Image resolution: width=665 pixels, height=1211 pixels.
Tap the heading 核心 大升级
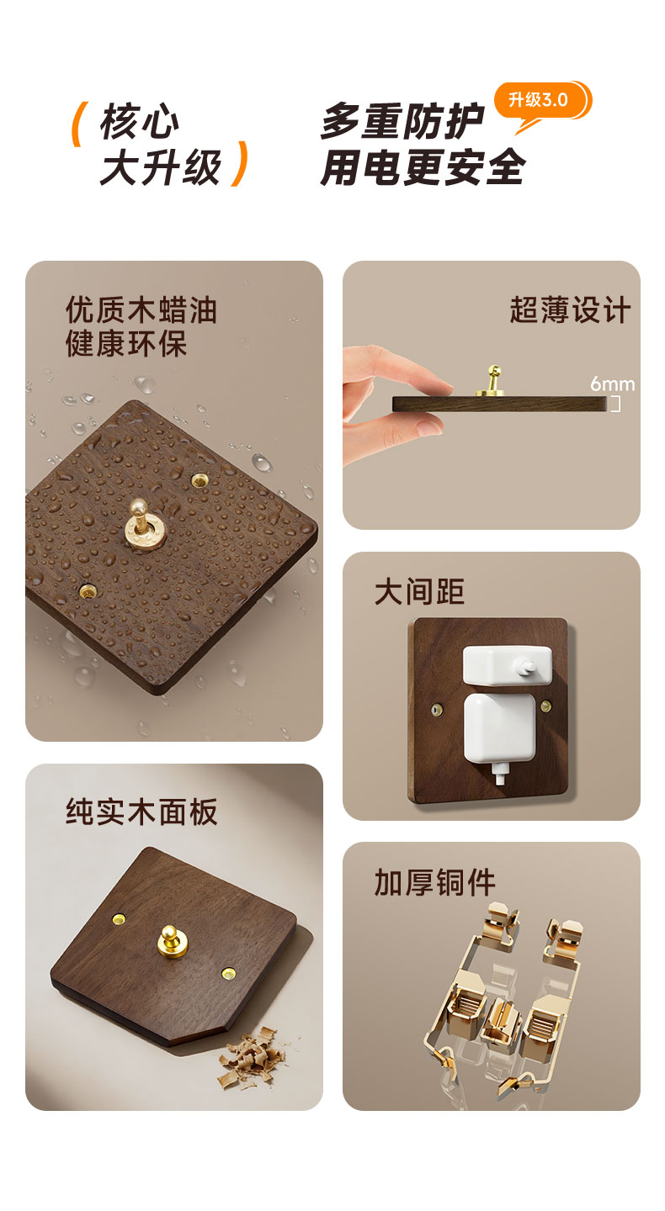tap(160, 145)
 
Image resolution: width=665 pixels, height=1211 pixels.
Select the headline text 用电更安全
tap(422, 167)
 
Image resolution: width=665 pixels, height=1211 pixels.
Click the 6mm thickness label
tap(612, 383)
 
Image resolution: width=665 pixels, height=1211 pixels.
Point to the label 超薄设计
tap(570, 310)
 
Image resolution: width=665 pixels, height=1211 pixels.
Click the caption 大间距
tap(419, 591)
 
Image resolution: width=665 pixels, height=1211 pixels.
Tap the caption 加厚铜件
tap(434, 882)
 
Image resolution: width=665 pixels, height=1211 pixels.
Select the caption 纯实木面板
tap(141, 812)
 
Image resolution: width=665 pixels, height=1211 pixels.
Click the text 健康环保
tap(126, 343)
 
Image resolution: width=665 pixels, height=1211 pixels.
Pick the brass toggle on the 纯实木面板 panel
tap(172, 940)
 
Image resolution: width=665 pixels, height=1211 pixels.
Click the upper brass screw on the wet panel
tap(199, 479)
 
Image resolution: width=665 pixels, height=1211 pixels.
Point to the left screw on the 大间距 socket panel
tap(435, 709)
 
